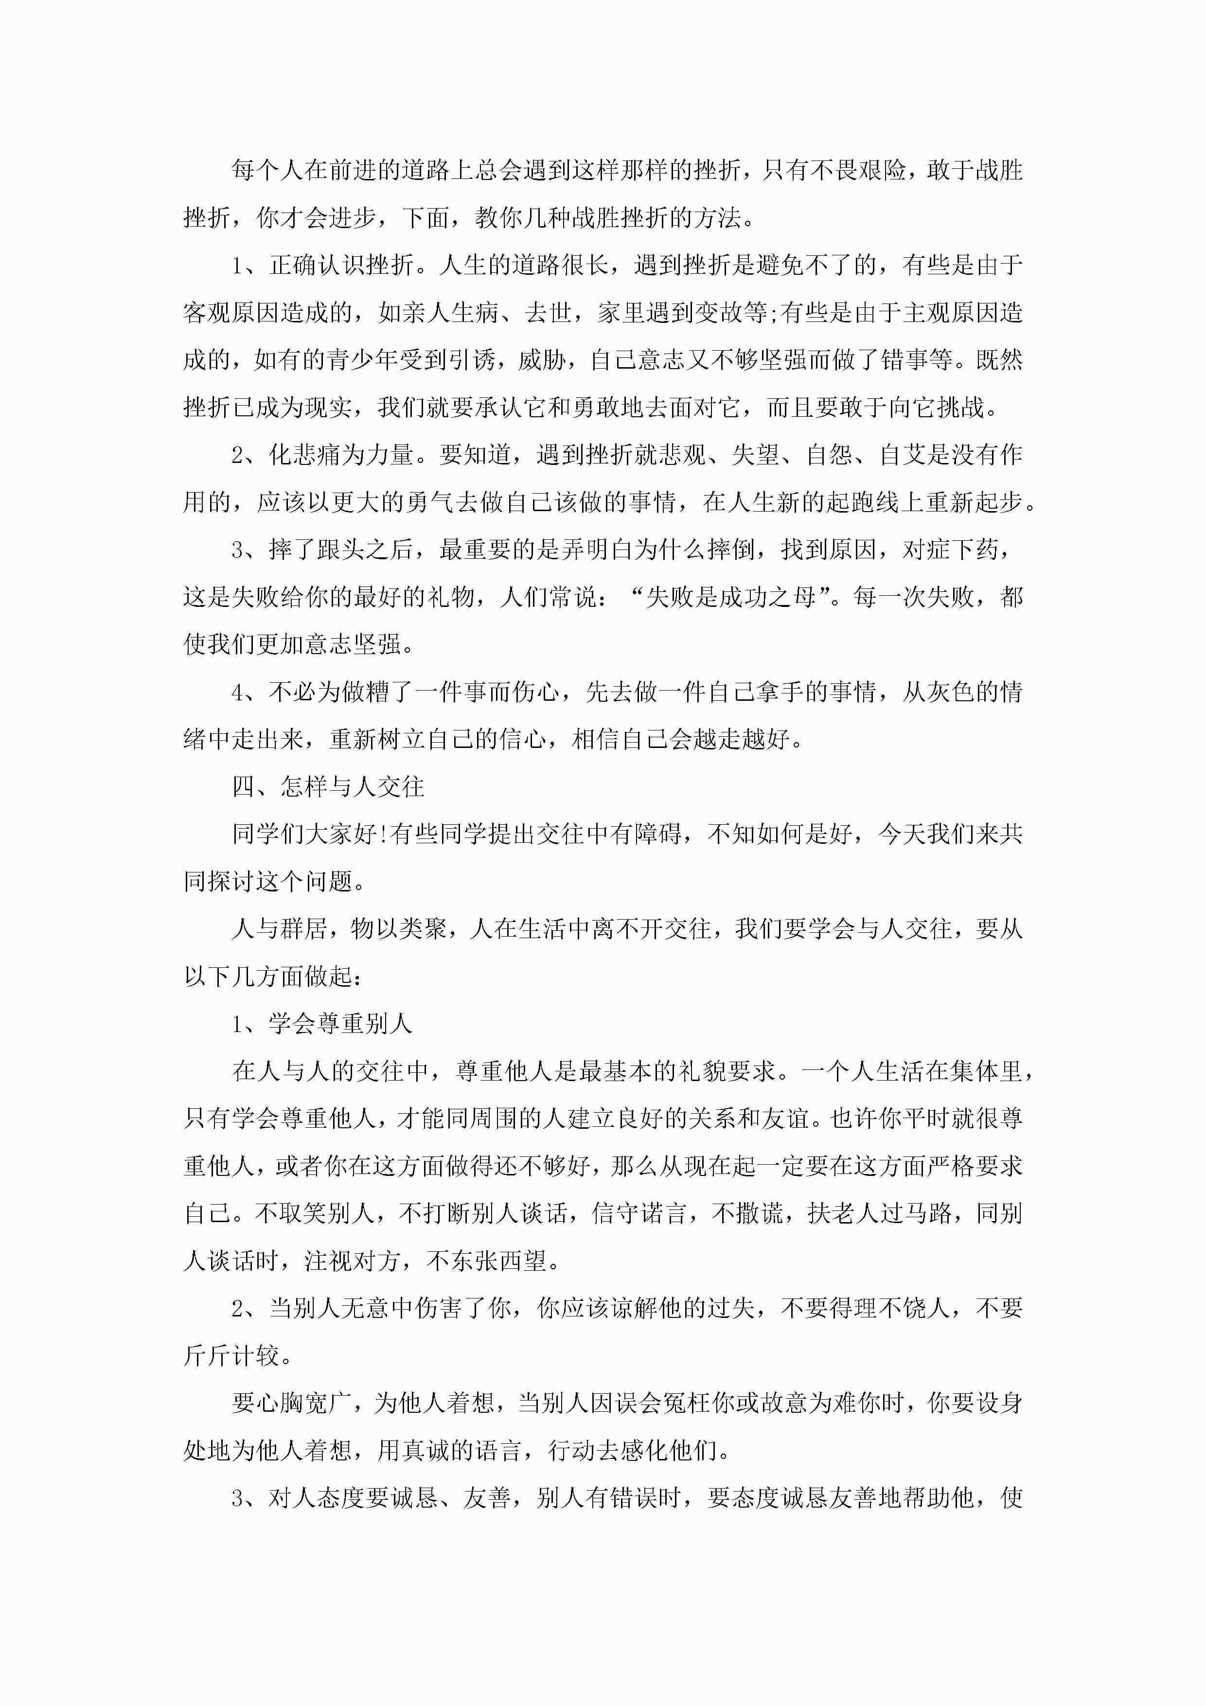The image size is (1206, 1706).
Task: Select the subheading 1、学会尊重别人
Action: [322, 1024]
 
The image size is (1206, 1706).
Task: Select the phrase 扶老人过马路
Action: [879, 1213]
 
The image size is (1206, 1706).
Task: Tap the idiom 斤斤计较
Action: [232, 1356]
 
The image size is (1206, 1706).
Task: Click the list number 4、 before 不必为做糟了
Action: [245, 692]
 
